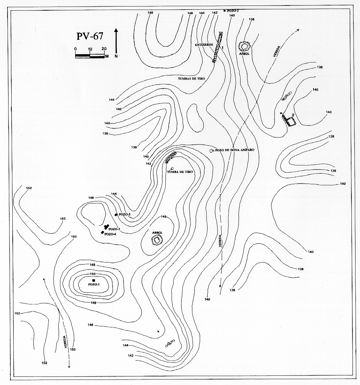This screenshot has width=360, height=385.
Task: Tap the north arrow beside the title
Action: (117, 41)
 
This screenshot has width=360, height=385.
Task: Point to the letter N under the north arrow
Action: (117, 56)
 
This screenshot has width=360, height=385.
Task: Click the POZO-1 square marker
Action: (93, 280)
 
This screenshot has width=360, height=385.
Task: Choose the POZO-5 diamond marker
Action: (116, 215)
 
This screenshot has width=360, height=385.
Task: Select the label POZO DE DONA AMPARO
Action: (235, 150)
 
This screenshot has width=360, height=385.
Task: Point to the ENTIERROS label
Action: (204, 45)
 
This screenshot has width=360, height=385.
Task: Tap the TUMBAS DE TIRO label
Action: (191, 79)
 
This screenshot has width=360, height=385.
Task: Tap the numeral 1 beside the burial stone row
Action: (223, 48)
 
